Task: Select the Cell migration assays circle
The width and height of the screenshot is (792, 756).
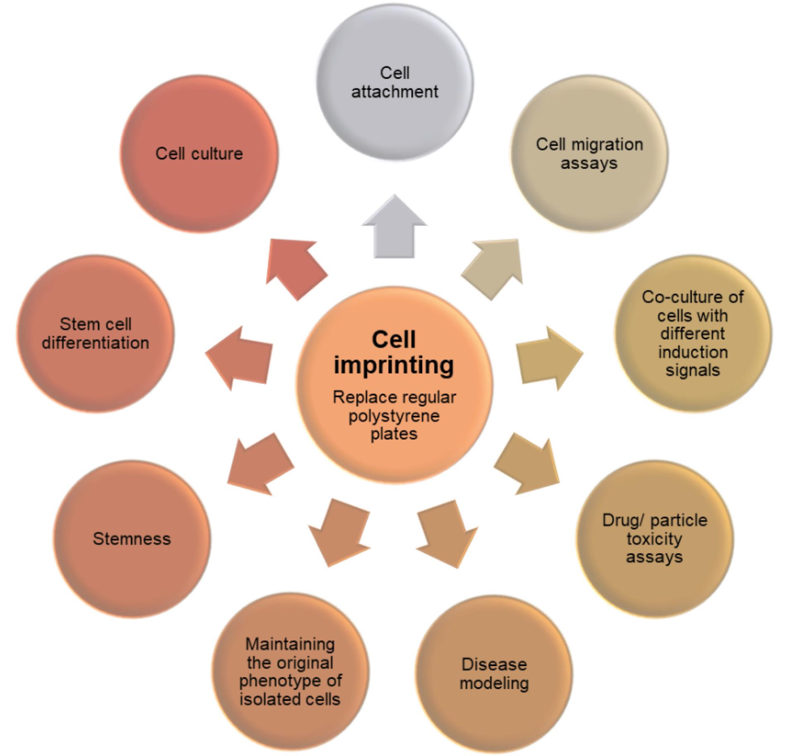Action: click(589, 154)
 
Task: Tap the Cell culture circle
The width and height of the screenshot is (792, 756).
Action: click(199, 154)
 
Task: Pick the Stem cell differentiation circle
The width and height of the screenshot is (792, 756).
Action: click(96, 334)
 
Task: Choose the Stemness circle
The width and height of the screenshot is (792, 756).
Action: click(132, 539)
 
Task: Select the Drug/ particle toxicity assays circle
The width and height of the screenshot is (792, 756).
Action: click(655, 539)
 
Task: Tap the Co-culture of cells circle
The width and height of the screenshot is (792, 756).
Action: click(693, 334)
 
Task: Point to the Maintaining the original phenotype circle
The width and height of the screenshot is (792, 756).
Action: click(290, 671)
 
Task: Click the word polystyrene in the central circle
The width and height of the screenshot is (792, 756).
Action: click(394, 415)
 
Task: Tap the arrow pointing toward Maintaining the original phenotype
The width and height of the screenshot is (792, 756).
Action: click(339, 532)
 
